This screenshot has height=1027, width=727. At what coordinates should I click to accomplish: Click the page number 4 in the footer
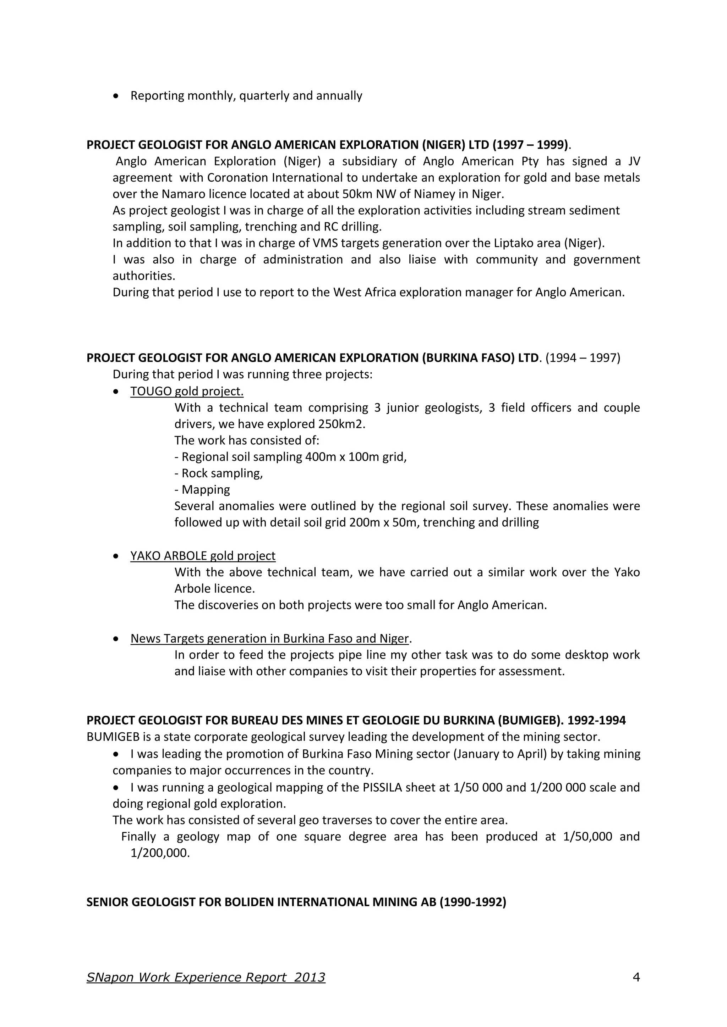pos(636,977)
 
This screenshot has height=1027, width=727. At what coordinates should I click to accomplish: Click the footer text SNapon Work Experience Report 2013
pos(206,977)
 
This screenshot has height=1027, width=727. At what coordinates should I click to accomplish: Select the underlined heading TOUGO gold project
pos(187,392)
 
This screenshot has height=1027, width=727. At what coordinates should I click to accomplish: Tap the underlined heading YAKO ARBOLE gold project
pos(203,556)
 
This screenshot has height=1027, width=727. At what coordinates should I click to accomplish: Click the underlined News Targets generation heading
pos(269,638)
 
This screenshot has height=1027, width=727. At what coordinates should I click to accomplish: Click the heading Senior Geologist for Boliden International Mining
pos(296,902)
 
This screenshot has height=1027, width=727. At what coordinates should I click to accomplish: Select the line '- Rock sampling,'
pos(218,473)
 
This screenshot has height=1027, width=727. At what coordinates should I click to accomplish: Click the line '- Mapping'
pos(202,490)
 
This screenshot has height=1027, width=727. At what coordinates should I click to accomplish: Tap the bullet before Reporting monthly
pos(116,96)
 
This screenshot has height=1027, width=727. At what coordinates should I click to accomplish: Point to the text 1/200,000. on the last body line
pos(160,853)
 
